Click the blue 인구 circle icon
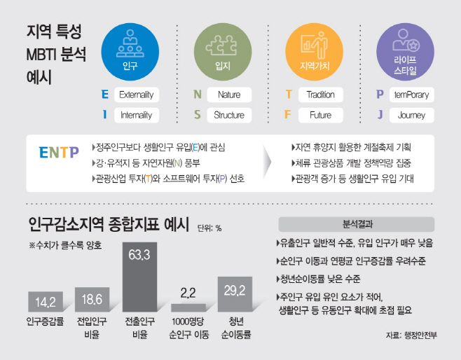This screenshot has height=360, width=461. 130,52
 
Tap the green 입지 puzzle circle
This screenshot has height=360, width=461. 223,52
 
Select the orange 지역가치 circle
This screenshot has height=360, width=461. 315,52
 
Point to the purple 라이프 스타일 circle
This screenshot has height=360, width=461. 406,52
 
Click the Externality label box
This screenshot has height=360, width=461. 137,95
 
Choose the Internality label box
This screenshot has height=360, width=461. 137,115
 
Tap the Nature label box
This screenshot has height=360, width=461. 229,95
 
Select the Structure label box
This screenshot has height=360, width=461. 229,115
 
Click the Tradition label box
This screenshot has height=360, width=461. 321,95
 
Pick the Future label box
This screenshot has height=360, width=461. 321,115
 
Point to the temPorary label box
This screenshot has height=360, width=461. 412,95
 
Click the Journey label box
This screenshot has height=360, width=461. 412,115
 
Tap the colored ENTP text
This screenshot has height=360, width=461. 59,153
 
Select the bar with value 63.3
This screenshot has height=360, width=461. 139,277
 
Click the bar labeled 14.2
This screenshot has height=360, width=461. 46,302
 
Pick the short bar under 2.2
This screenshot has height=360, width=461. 188,307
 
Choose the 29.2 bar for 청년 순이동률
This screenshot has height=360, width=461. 235,294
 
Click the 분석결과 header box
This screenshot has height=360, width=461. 357,224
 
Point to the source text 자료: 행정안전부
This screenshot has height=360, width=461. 411,335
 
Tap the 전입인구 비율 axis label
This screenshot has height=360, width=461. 92,328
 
